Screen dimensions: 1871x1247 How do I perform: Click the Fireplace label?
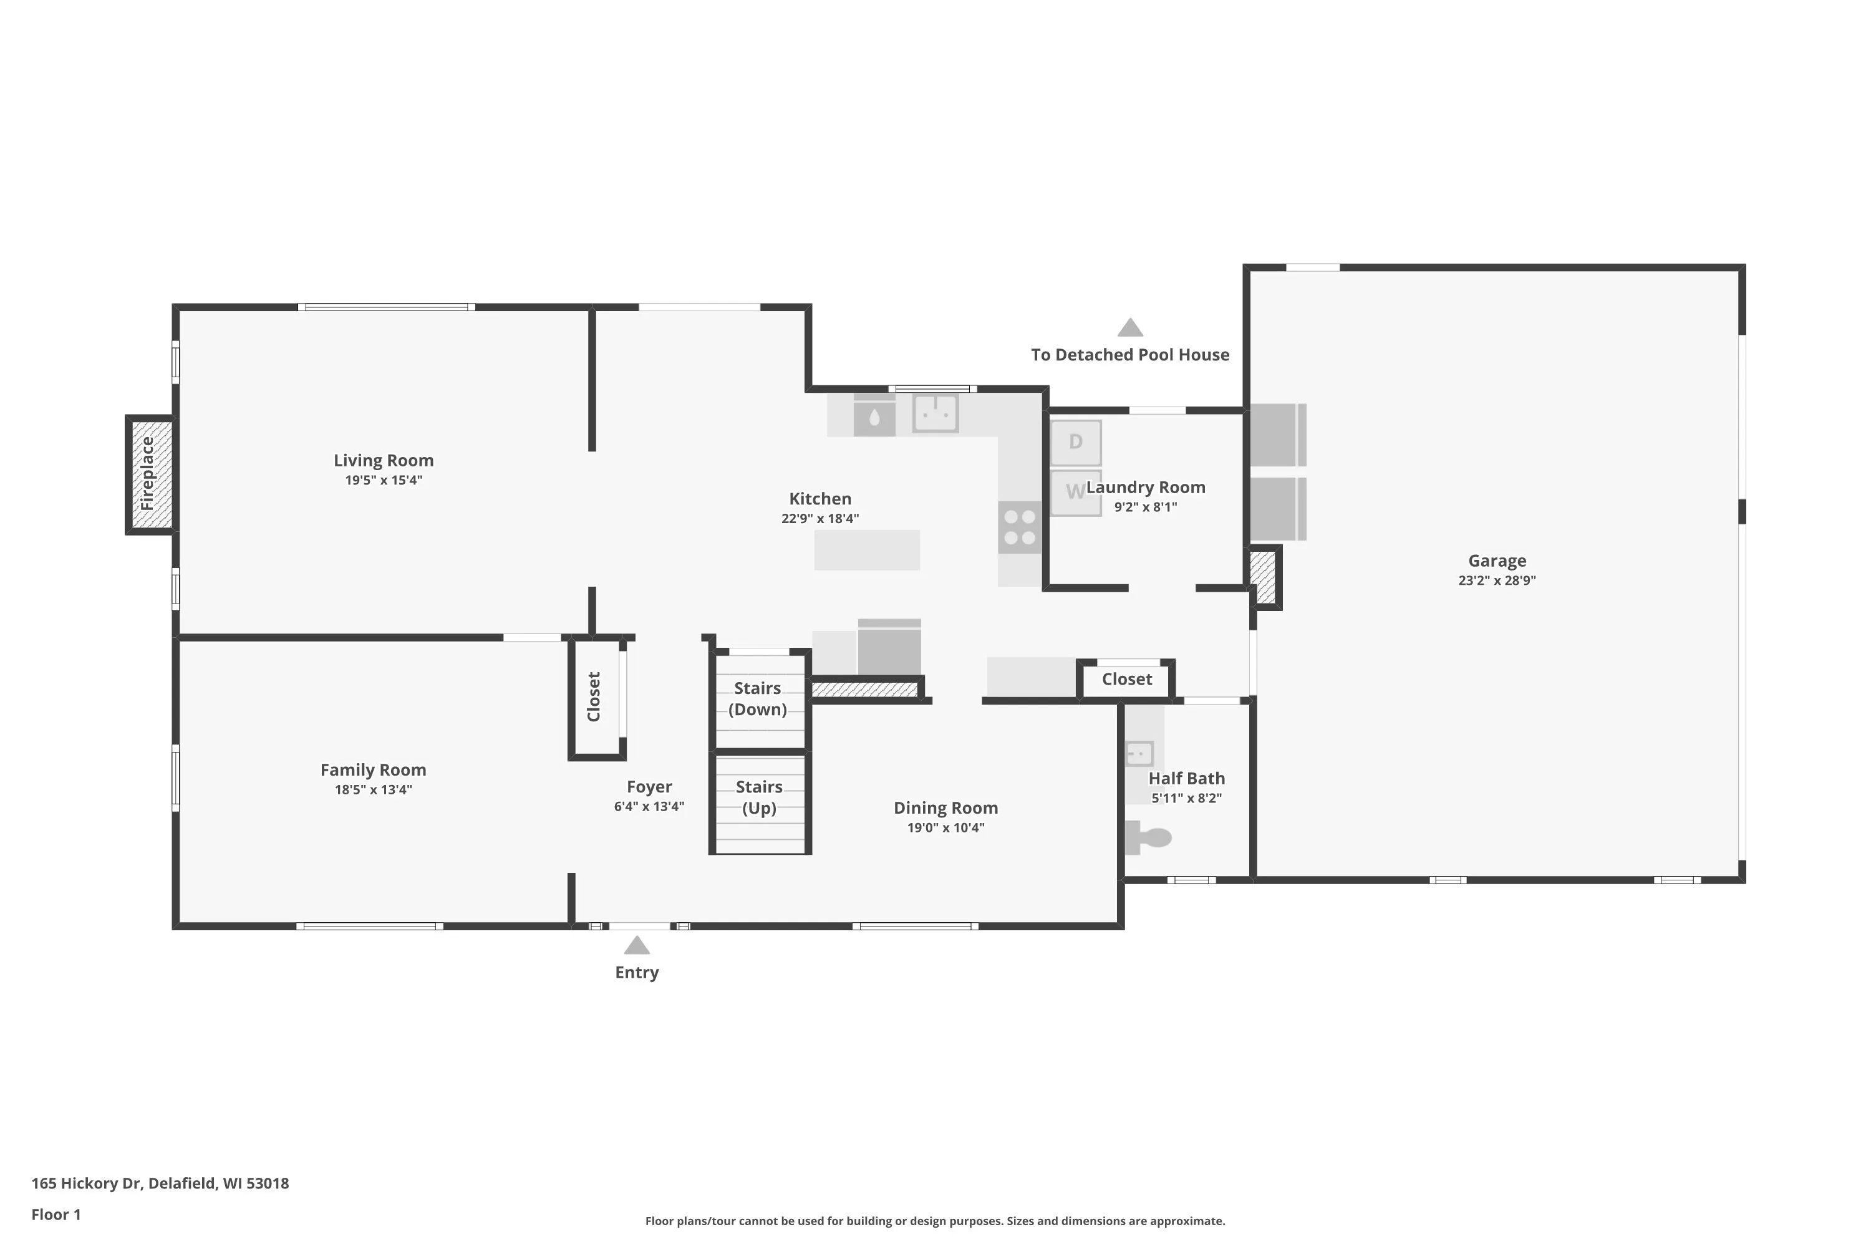coord(147,474)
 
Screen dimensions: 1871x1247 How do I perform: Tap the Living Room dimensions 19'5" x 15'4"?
coord(384,480)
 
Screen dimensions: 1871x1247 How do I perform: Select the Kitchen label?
coord(820,499)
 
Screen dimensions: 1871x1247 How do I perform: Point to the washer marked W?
coord(1075,493)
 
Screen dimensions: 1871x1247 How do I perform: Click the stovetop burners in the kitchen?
coord(1020,527)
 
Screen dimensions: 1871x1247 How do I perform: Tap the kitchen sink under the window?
coord(935,413)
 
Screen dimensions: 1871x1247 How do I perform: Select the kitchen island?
coord(867,549)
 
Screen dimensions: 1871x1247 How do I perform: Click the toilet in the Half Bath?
coord(1148,837)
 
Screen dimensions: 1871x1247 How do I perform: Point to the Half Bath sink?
coord(1140,753)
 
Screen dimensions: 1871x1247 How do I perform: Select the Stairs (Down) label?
coord(757,699)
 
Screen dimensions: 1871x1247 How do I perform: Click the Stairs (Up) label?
coord(759,797)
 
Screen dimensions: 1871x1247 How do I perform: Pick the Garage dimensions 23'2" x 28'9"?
coord(1497,580)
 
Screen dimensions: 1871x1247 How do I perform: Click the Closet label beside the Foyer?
coord(594,696)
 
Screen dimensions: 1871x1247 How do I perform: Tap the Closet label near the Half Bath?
coord(1126,679)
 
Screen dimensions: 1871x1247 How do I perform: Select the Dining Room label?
coord(946,808)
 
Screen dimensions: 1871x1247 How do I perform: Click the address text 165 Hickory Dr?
coord(86,1183)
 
